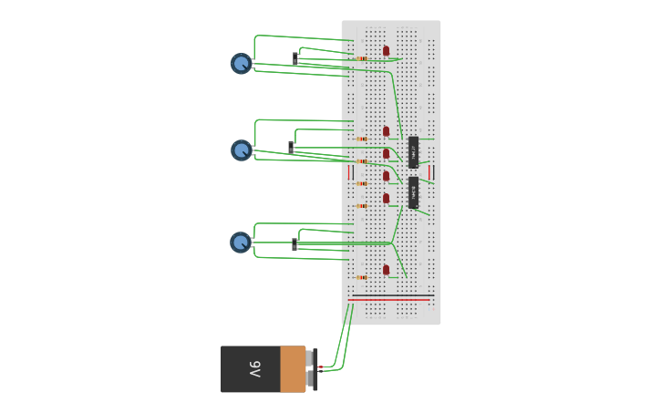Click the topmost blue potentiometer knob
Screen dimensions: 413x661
tap(241, 63)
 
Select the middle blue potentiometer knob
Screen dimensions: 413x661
tap(241, 150)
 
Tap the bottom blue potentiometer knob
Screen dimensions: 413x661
tap(240, 242)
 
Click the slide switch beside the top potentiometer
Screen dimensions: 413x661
tap(295, 58)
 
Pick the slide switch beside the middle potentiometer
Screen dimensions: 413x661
tap(292, 147)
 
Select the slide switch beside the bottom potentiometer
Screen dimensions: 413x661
tap(294, 244)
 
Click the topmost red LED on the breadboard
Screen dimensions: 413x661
tap(386, 50)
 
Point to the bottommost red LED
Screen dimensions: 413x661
tap(386, 269)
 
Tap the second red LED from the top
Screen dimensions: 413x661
tap(386, 130)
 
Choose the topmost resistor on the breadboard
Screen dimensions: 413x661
tap(362, 58)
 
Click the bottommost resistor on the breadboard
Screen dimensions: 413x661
tap(362, 277)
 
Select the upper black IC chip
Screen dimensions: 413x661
tap(413, 151)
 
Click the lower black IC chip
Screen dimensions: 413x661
tap(413, 192)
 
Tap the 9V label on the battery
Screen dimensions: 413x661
tap(254, 369)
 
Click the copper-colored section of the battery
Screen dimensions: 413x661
tap(293, 369)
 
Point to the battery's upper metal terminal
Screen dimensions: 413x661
tap(311, 357)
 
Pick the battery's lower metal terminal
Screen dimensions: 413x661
tap(311, 378)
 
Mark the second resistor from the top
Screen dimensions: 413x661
tap(362, 139)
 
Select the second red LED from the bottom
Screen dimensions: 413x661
tap(386, 197)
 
